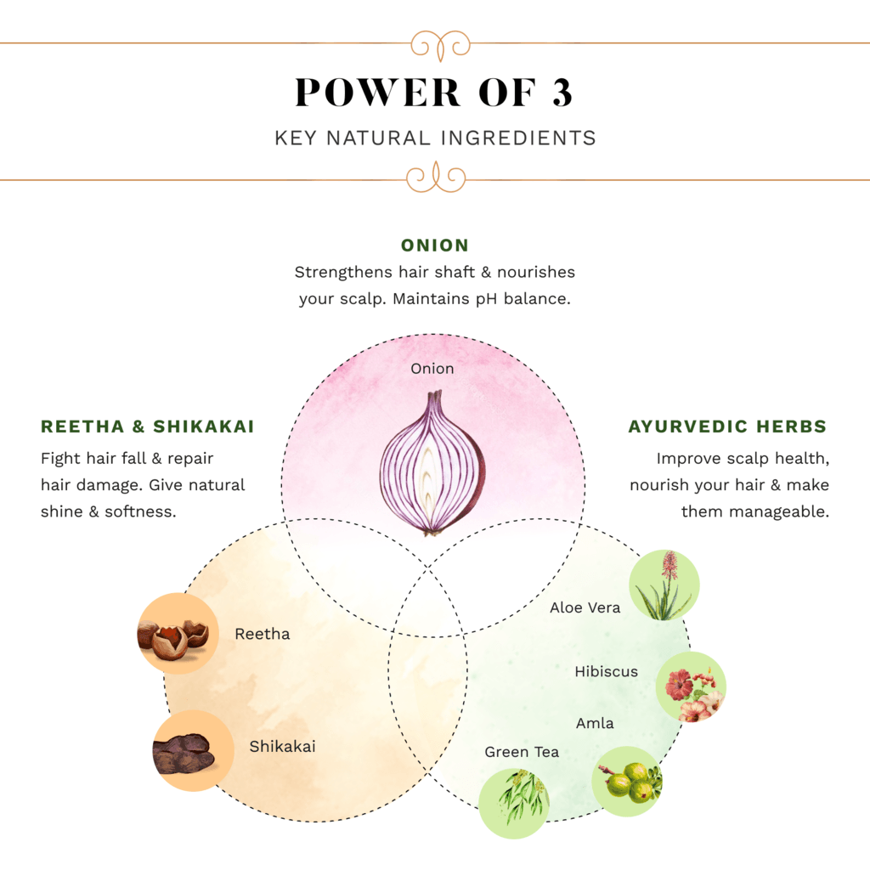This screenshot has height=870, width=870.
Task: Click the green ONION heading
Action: (435, 246)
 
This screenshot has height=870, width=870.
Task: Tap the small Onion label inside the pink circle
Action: (432, 369)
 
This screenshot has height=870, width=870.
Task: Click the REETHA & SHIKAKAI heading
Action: (148, 427)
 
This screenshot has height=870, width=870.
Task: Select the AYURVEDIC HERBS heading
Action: (727, 427)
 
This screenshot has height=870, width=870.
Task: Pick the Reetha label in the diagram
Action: (263, 634)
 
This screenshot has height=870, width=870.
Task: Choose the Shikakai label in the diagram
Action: (282, 747)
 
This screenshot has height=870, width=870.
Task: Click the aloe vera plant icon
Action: (664, 585)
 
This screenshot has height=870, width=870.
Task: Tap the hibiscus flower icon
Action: (692, 687)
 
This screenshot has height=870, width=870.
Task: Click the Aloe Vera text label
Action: (585, 607)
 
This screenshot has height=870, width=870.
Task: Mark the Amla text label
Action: (595, 723)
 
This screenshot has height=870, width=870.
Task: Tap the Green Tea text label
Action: (522, 752)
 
